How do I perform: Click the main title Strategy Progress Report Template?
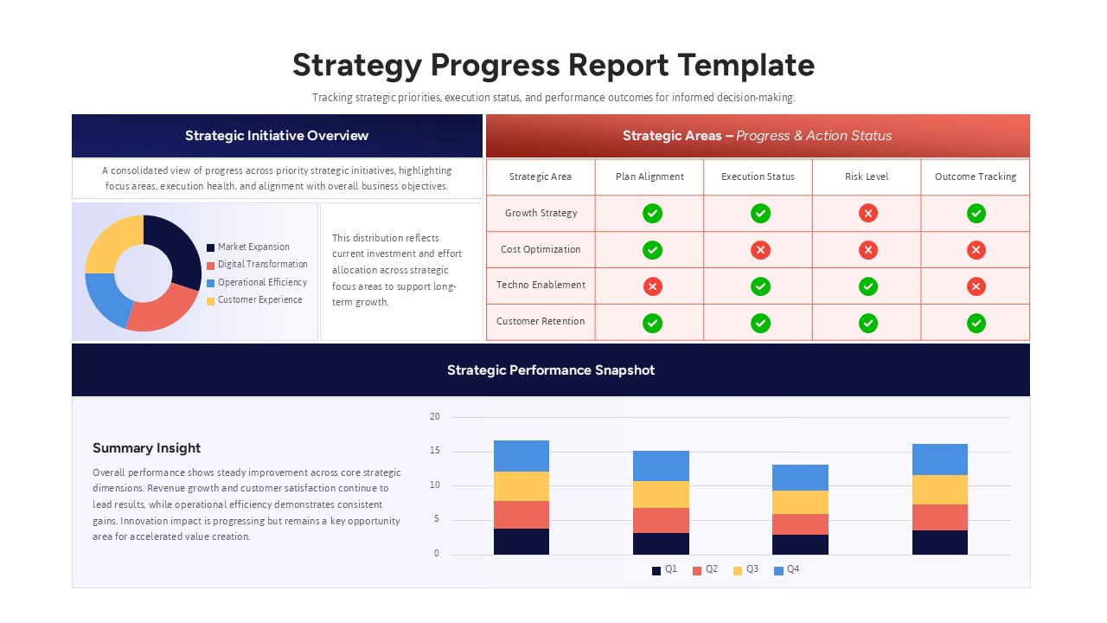click(x=553, y=66)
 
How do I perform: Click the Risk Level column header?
click(x=867, y=177)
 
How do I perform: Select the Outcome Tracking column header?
click(x=976, y=177)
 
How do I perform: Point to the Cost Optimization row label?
click(x=541, y=250)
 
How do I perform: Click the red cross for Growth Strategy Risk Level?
click(x=868, y=214)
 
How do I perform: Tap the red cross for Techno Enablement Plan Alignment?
click(x=653, y=286)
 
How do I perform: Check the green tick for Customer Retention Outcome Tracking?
click(x=976, y=323)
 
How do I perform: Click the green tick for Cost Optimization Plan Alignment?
click(x=653, y=250)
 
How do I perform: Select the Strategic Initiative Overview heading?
click(x=277, y=136)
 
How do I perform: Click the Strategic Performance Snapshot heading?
click(x=551, y=370)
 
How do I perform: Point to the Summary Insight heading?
click(x=146, y=448)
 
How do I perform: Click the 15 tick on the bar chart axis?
click(x=435, y=452)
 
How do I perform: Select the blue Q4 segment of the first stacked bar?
click(x=522, y=456)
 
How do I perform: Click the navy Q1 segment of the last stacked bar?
click(x=940, y=543)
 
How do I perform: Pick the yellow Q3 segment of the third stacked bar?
click(x=800, y=503)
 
